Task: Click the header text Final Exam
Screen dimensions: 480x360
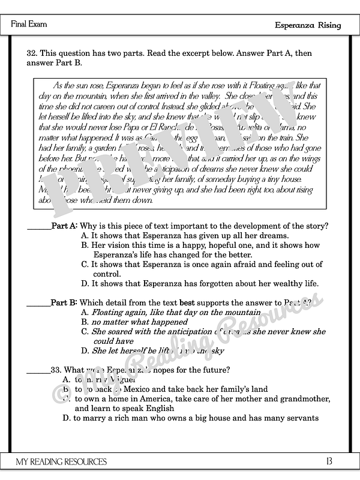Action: point(29,25)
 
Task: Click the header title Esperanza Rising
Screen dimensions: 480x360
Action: point(308,25)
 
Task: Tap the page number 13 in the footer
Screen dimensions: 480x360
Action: point(328,461)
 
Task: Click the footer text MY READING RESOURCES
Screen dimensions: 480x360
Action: point(62,461)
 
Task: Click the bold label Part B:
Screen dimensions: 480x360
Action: point(64,303)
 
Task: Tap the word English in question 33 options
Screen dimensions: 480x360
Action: point(158,409)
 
